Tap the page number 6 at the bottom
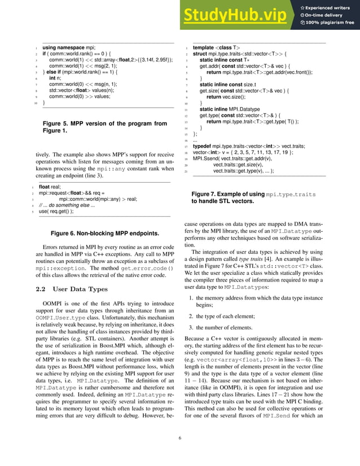(x=180, y=438)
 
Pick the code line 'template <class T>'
(x=216, y=48)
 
